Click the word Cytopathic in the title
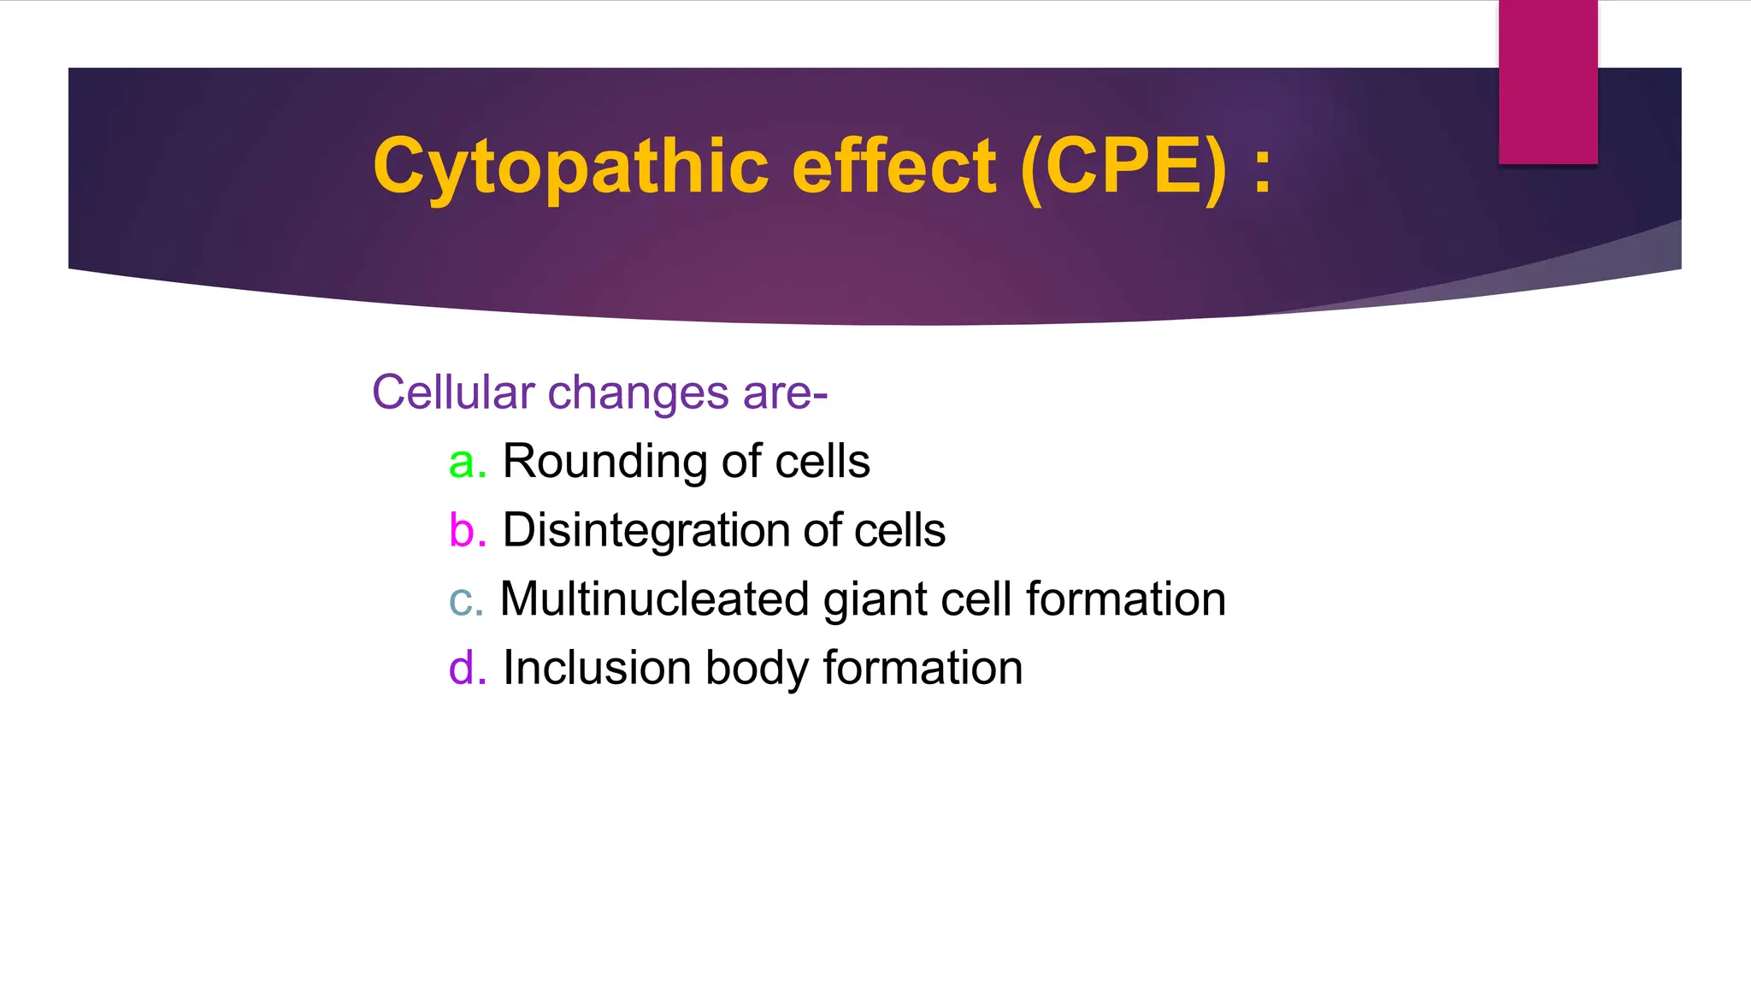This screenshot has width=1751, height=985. click(x=570, y=167)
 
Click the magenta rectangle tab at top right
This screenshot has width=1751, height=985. click(x=1548, y=81)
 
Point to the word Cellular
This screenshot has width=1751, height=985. click(x=453, y=392)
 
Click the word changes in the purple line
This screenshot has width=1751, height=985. click(x=638, y=394)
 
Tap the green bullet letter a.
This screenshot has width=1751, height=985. click(x=462, y=463)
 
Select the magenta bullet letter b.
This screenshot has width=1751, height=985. click(x=462, y=530)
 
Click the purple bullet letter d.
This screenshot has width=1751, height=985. click(x=462, y=668)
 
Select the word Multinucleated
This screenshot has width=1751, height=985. click(x=654, y=599)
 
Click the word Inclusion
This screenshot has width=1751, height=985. click(x=597, y=668)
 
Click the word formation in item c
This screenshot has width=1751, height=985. click(x=1125, y=599)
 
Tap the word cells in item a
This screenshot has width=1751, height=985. click(x=822, y=463)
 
